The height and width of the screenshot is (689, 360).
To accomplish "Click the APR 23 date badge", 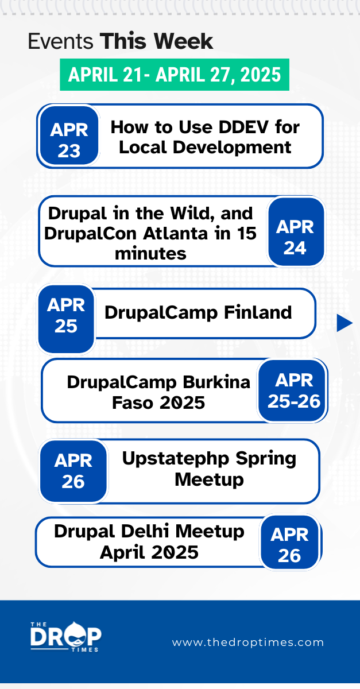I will click(69, 137).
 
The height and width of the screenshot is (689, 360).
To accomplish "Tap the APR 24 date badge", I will click(296, 233).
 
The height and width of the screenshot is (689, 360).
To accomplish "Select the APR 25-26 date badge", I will click(293, 392).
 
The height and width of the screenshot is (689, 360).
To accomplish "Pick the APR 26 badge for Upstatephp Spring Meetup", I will click(73, 471).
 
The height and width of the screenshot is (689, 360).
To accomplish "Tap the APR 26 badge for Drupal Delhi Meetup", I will click(289, 543).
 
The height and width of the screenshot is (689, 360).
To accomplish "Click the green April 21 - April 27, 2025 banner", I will click(175, 74).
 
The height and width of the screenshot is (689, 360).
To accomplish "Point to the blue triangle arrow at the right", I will click(343, 323).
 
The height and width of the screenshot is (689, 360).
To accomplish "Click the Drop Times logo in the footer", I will click(65, 637).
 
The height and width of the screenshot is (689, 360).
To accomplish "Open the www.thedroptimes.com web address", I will click(248, 642).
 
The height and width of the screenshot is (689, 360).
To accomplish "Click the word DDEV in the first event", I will click(241, 127).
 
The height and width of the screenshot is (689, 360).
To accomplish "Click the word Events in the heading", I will click(61, 42).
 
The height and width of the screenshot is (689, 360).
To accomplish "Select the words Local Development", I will click(205, 147).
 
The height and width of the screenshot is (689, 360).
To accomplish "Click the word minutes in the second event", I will click(150, 253).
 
